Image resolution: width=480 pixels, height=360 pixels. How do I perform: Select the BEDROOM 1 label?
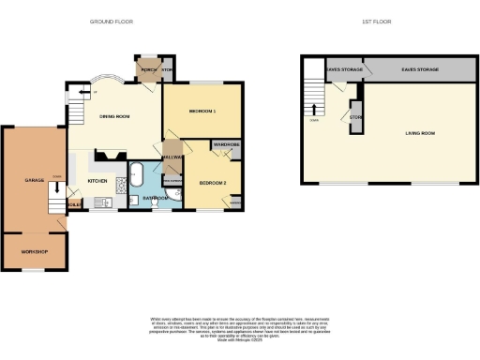[x=202, y=112]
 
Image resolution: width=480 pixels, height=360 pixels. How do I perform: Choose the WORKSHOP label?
[x=34, y=251]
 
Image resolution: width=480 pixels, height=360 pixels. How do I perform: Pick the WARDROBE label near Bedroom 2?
[x=226, y=145]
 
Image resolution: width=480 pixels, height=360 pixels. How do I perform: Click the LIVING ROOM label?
[x=419, y=133]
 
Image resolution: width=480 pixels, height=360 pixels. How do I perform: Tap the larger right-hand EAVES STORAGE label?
[x=421, y=68]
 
